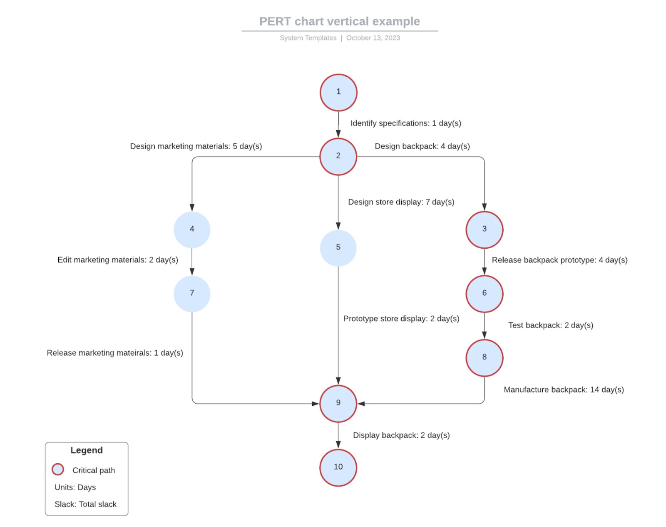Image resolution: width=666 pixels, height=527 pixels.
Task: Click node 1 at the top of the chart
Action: [x=338, y=92]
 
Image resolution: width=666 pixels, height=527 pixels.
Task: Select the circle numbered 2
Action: [x=338, y=157]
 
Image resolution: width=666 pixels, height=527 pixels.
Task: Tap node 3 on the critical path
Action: [x=484, y=230]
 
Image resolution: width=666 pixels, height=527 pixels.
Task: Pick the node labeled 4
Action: [x=192, y=230]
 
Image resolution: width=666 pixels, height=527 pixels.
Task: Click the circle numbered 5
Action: [x=338, y=248]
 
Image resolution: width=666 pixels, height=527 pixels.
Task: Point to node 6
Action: [x=484, y=294]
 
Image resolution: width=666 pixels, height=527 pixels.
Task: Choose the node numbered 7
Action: [x=192, y=294]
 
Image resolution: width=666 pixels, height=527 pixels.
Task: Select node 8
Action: [x=484, y=358]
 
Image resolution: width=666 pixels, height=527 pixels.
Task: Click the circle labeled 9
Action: [x=338, y=404]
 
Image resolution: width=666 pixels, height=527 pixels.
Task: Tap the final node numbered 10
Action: [x=338, y=467]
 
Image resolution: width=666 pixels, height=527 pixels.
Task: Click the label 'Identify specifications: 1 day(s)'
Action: [x=405, y=123]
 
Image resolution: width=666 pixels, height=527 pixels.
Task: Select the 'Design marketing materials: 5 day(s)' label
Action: [x=196, y=146]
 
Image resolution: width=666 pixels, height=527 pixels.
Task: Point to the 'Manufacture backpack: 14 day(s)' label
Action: [x=564, y=390]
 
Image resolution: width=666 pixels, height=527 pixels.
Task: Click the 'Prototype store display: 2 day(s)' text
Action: [x=401, y=319]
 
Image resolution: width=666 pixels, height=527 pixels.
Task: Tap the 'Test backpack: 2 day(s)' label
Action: [x=550, y=325]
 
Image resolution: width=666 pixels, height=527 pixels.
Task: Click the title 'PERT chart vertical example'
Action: [x=339, y=21]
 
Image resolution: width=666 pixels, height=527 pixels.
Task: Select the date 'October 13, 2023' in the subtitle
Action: [x=373, y=38]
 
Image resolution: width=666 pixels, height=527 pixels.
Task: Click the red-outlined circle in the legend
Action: [x=58, y=470]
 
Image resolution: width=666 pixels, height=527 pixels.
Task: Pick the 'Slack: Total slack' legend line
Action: [x=85, y=504]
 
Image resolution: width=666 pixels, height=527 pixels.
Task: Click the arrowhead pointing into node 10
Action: [x=338, y=445]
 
